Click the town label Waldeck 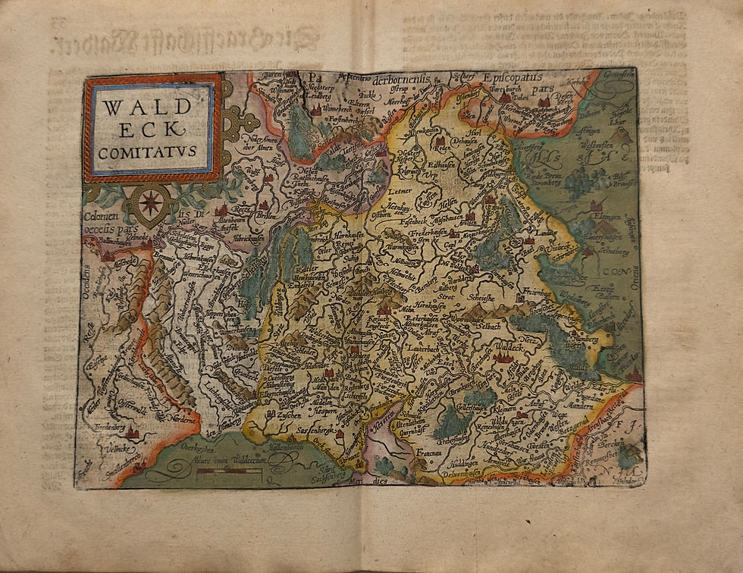503,348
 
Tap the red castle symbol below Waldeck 500,358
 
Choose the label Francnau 429,450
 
